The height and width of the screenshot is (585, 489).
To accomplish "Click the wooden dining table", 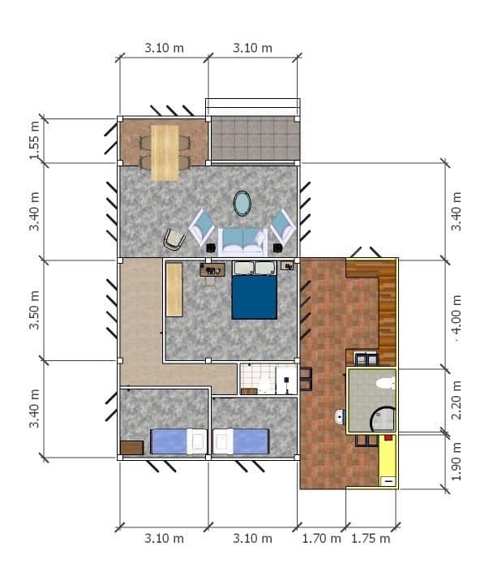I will point(165,152).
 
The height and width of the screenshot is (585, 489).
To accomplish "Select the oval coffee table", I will point(242,203).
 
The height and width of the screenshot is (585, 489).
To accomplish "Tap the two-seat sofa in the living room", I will point(242,240).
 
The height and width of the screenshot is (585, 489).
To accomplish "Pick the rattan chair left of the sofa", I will point(174,239).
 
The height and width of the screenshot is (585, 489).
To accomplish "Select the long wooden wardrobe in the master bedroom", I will point(174,290).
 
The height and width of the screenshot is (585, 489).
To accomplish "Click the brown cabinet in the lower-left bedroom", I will point(131,447).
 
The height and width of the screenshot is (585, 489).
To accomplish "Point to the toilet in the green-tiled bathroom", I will point(384,383).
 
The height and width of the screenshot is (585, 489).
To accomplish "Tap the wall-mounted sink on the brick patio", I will point(339,418).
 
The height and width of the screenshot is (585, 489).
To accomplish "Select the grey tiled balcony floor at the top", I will point(255,138).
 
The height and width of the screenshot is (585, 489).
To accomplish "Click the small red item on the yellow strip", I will point(388,438).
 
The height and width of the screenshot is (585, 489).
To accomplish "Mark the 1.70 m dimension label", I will point(321,538).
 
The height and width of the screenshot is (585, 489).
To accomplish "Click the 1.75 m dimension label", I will point(371,538).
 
